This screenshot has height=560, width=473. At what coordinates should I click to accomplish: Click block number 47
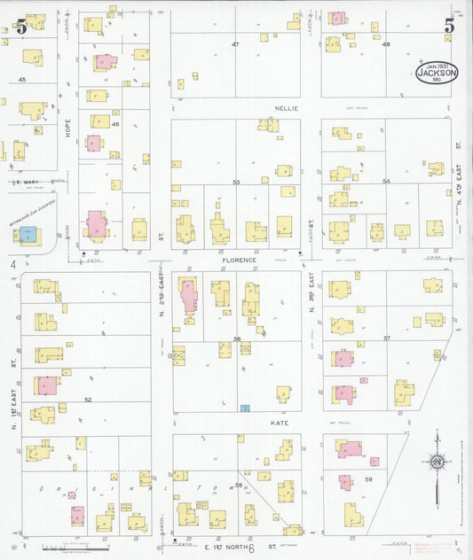(x=235, y=43)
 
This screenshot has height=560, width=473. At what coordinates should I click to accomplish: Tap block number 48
(x=386, y=43)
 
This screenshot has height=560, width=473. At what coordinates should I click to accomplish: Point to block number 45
(x=22, y=80)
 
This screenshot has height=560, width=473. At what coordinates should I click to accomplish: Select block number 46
(x=115, y=124)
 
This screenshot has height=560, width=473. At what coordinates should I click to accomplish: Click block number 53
(x=236, y=182)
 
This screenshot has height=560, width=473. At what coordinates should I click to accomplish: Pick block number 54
(x=386, y=181)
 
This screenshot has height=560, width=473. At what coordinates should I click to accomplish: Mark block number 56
(x=237, y=339)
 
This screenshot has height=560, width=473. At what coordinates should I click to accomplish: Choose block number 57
(x=387, y=338)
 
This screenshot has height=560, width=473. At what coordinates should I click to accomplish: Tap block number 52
(x=88, y=400)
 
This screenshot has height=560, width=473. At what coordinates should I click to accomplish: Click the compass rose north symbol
(x=437, y=461)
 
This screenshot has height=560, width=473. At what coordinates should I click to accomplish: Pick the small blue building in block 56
(x=245, y=408)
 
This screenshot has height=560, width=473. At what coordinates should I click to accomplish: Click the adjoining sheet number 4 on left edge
(x=13, y=264)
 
